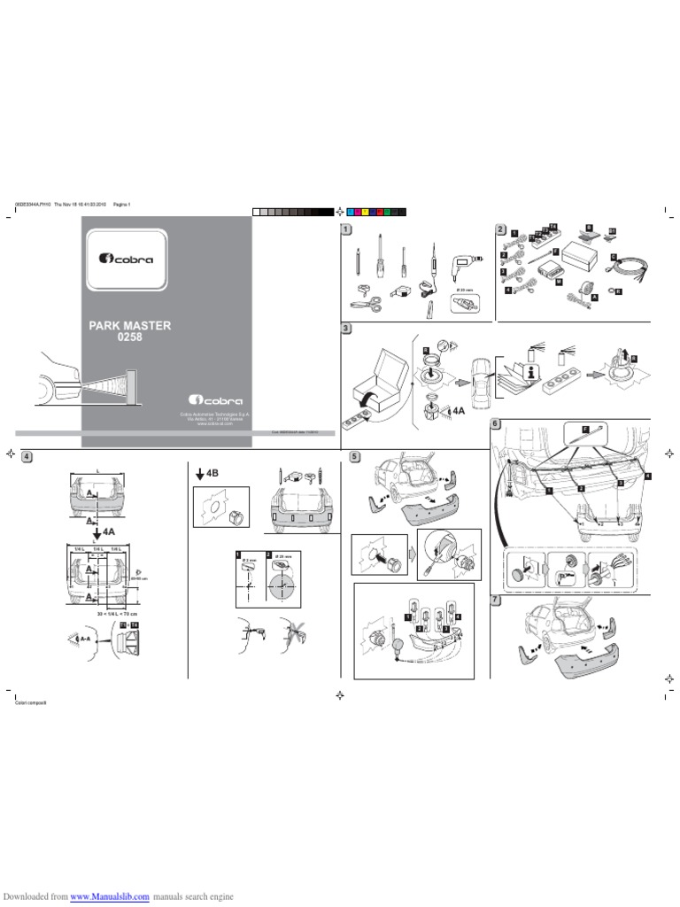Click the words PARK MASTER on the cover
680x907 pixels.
[130, 325]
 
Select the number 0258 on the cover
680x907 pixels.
[130, 337]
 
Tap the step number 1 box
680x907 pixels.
[346, 230]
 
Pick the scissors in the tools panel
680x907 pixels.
[367, 300]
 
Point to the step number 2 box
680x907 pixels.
[500, 230]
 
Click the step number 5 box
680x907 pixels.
[354, 456]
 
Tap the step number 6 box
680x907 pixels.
[496, 424]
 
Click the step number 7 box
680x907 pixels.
[496, 600]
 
